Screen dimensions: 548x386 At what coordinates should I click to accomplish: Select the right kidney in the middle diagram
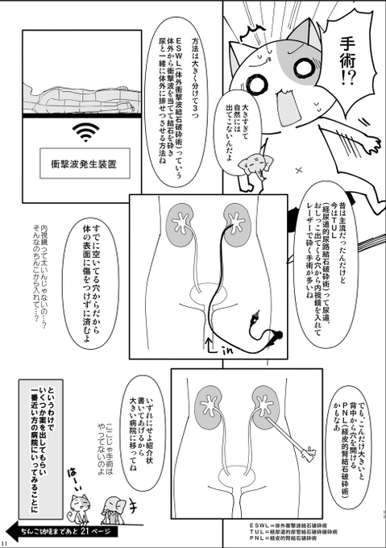coord(237,226)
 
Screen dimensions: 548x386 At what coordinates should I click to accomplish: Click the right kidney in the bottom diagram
coord(267,401)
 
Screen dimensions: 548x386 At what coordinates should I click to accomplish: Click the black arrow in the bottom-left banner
coord(17,529)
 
